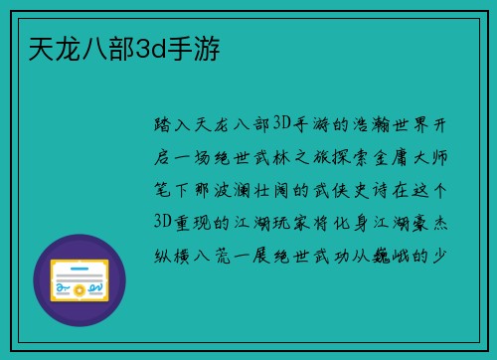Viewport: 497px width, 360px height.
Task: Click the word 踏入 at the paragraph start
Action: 170,125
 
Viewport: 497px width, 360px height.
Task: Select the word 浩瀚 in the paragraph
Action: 369,125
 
